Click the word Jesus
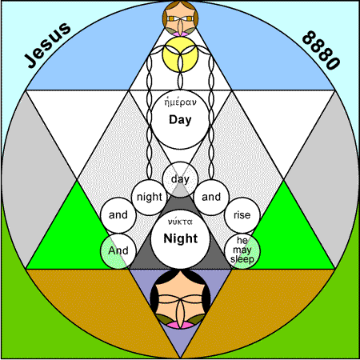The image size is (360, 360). (48, 46)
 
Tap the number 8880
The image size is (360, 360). (321, 50)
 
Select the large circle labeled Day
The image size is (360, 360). (180, 119)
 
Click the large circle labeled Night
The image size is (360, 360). (180, 238)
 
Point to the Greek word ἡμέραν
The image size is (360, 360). (180, 102)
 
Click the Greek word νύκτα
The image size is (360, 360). (180, 222)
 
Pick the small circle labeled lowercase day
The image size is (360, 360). (180, 179)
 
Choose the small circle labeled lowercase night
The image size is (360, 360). (150, 198)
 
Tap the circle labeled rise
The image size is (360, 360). (242, 215)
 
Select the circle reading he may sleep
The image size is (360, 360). (242, 250)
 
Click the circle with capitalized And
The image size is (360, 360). (118, 250)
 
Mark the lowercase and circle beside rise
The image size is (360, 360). (211, 198)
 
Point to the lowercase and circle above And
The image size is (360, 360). (118, 215)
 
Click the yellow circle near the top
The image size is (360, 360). (180, 54)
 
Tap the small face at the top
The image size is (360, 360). (180, 18)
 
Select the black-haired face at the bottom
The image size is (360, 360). (180, 298)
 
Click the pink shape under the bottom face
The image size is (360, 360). (180, 325)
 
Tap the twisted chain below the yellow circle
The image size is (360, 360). (180, 80)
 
